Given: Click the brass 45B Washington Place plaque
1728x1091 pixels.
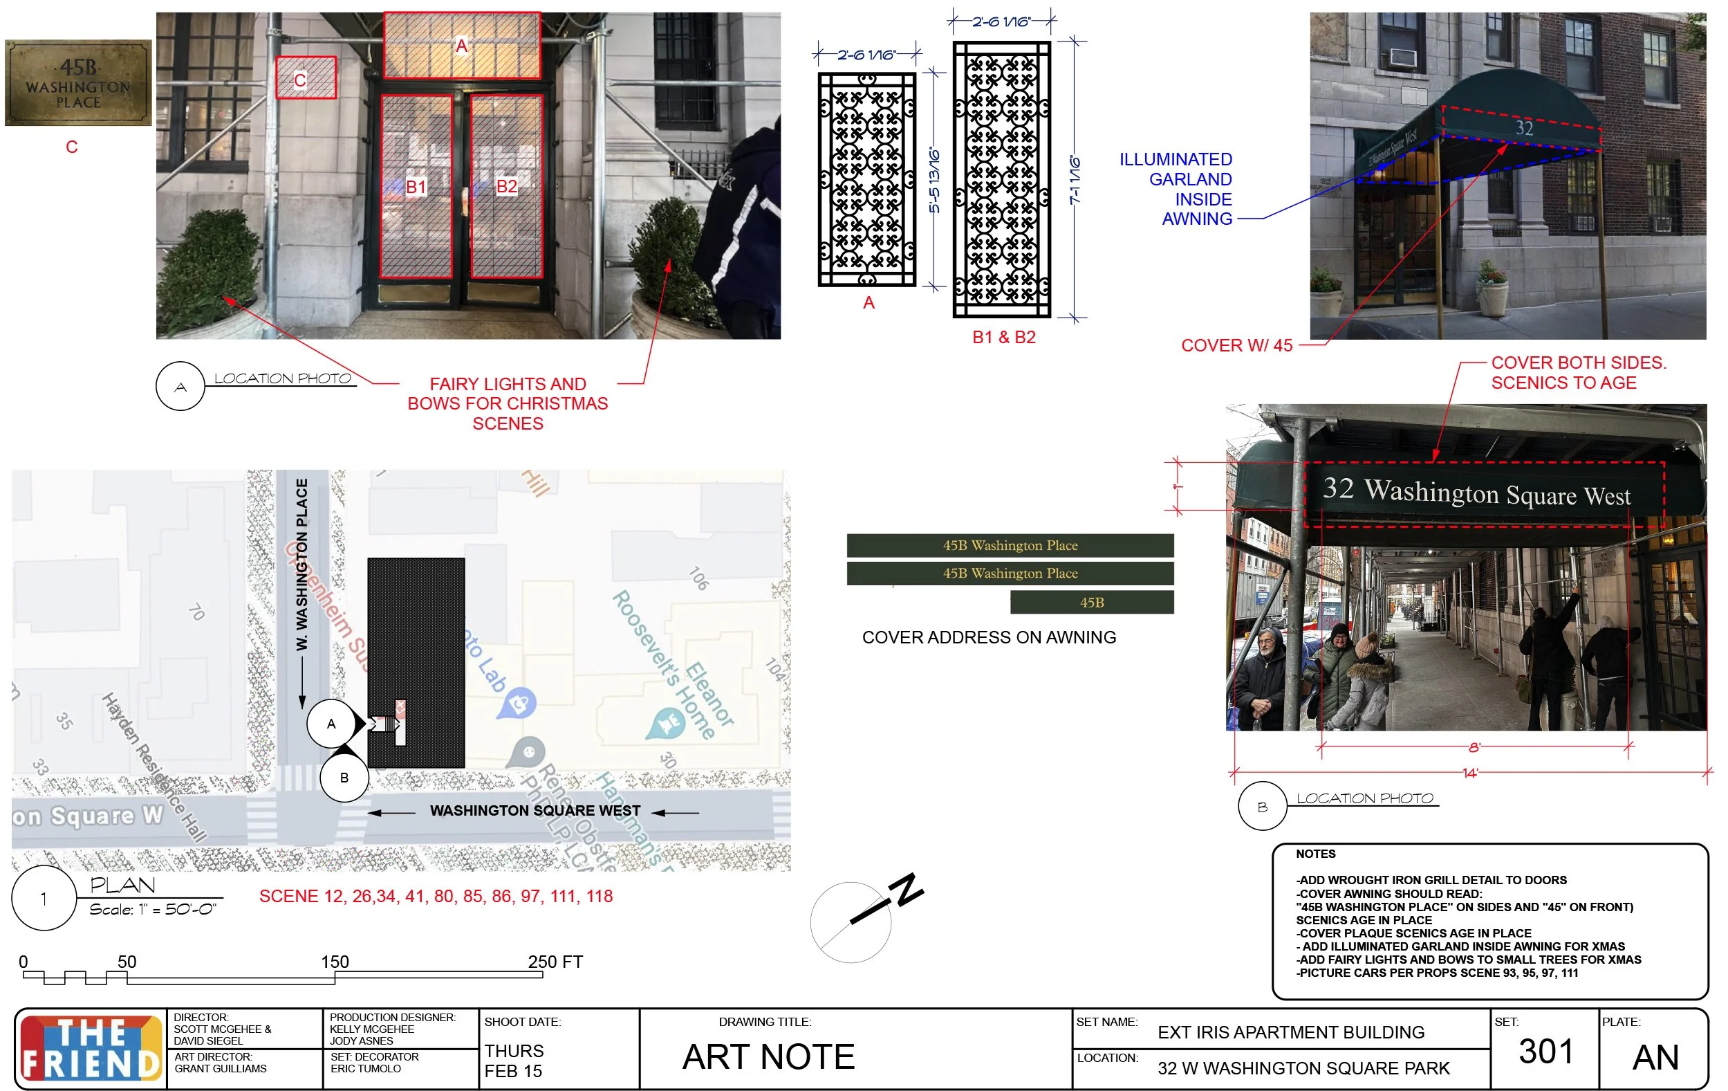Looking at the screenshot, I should pyautogui.click(x=78, y=83).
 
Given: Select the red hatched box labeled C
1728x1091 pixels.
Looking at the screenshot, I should pyautogui.click(x=306, y=78).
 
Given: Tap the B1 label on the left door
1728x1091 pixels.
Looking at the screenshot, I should pyautogui.click(x=416, y=187).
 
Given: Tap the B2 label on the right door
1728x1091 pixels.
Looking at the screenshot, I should pyautogui.click(x=507, y=187).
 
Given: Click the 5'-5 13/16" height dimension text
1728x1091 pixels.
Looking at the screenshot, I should pyautogui.click(x=934, y=181).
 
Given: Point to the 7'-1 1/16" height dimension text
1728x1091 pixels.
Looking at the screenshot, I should pyautogui.click(x=1075, y=180).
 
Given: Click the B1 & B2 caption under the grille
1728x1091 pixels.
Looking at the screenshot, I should pyautogui.click(x=1004, y=338).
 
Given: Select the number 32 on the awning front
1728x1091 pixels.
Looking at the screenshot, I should pyautogui.click(x=1524, y=129).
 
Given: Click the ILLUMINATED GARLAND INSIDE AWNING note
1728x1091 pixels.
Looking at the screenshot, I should pyautogui.click(x=1177, y=190).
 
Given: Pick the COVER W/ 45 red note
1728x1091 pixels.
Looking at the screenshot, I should pyautogui.click(x=1236, y=346).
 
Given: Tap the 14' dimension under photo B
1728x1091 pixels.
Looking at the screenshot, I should pyautogui.click(x=1470, y=773).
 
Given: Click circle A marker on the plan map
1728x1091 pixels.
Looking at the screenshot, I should pyautogui.click(x=331, y=724).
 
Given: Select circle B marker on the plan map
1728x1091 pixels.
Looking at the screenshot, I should pyautogui.click(x=344, y=778).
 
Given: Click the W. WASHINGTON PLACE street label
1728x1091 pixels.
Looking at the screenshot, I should pyautogui.click(x=302, y=565).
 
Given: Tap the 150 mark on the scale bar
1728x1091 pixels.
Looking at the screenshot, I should pyautogui.click(x=335, y=962).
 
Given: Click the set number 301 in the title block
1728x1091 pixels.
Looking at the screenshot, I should pyautogui.click(x=1545, y=1052).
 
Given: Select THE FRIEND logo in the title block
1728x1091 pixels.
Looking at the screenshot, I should pyautogui.click(x=91, y=1049).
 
